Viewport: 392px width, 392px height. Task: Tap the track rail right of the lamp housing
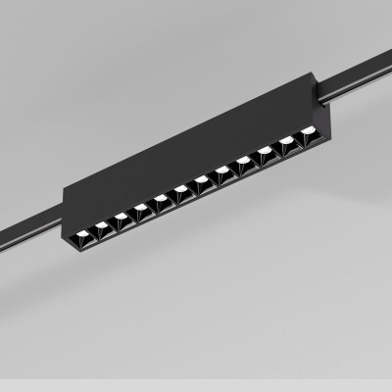coord(363,79)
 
